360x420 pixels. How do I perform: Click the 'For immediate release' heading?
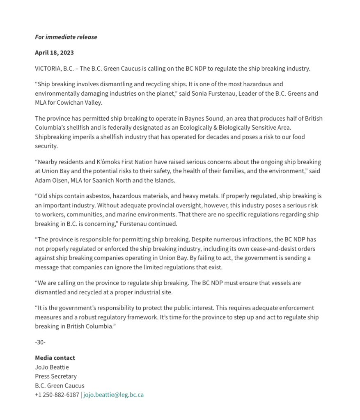pos(66,37)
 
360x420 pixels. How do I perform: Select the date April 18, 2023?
pos(54,53)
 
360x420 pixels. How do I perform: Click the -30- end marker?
pos(40,342)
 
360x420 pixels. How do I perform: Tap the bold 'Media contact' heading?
pos(55,358)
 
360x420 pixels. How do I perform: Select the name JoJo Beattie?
pos(52,367)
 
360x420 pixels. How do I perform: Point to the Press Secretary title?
pos(56,376)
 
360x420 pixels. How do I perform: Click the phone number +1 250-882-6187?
pos(57,395)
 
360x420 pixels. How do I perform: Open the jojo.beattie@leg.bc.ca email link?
pos(113,395)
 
